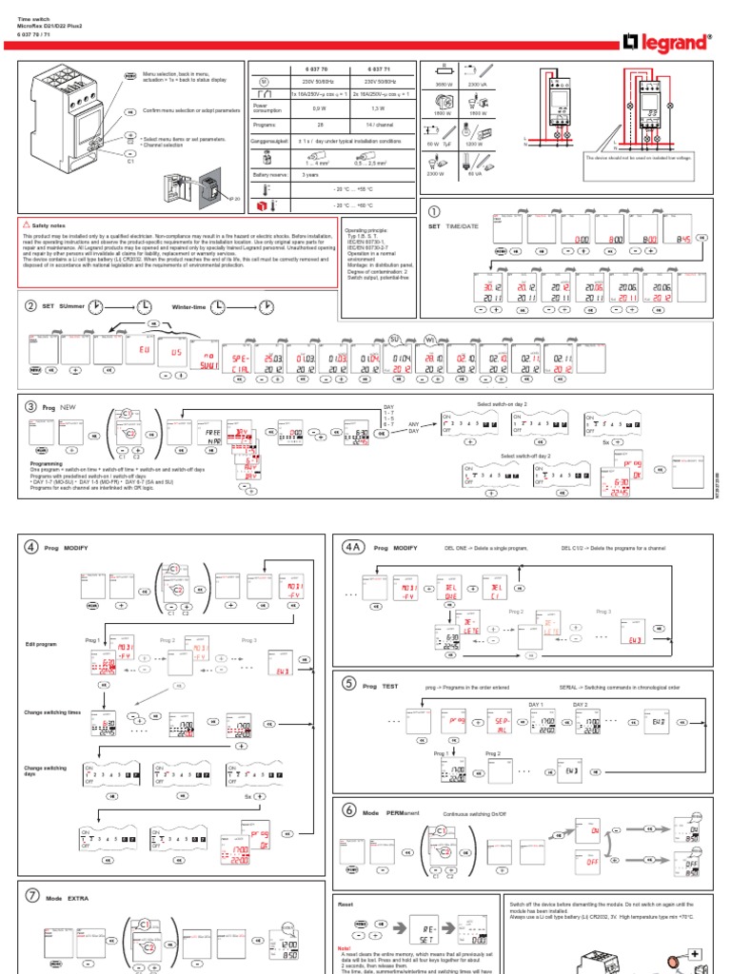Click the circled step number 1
pyautogui.click(x=435, y=211)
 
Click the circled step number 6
pyautogui.click(x=349, y=809)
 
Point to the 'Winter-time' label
pyautogui.click(x=188, y=306)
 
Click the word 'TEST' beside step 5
pyautogui.click(x=390, y=684)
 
